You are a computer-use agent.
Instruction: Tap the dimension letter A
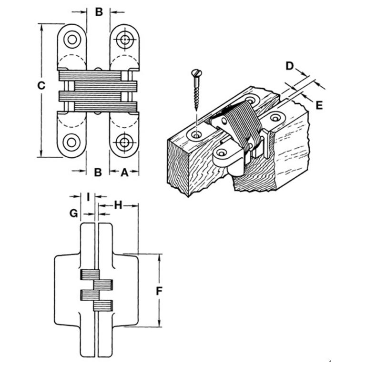[124, 172]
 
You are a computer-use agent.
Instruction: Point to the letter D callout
[289, 66]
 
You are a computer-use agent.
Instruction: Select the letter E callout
[319, 105]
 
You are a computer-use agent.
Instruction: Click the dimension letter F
[160, 290]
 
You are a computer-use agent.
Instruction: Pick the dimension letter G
[73, 213]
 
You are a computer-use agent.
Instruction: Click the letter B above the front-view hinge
[98, 12]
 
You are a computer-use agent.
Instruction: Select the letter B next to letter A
[98, 172]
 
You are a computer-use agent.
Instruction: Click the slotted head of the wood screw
[195, 73]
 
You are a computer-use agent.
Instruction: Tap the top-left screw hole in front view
[72, 39]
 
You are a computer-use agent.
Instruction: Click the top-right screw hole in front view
[125, 40]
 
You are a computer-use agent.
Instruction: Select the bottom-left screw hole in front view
[72, 142]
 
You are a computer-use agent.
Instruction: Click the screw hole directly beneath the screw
[196, 135]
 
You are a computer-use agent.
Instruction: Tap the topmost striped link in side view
[89, 275]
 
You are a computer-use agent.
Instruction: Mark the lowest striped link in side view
[102, 306]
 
